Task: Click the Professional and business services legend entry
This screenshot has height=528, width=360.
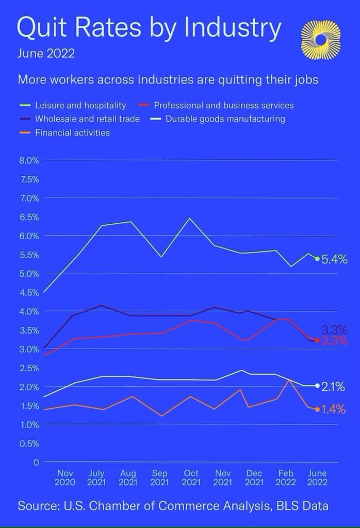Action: click(x=224, y=105)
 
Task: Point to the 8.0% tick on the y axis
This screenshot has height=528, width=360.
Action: click(x=29, y=160)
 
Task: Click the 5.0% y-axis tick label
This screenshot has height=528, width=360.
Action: click(x=29, y=274)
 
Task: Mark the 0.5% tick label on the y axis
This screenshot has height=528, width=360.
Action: click(x=29, y=443)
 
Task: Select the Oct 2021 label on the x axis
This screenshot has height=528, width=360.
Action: click(x=191, y=478)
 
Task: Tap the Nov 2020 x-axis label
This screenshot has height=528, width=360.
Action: click(x=65, y=478)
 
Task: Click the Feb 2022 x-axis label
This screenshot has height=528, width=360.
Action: click(x=285, y=478)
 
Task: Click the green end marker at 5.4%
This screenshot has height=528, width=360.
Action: click(x=317, y=258)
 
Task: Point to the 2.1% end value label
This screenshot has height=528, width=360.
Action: click(x=333, y=387)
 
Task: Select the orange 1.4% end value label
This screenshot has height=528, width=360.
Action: click(x=333, y=410)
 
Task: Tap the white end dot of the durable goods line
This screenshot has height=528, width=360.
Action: click(x=317, y=386)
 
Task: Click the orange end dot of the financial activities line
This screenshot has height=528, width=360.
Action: click(x=317, y=409)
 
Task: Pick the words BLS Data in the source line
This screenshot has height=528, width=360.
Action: click(x=303, y=506)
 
